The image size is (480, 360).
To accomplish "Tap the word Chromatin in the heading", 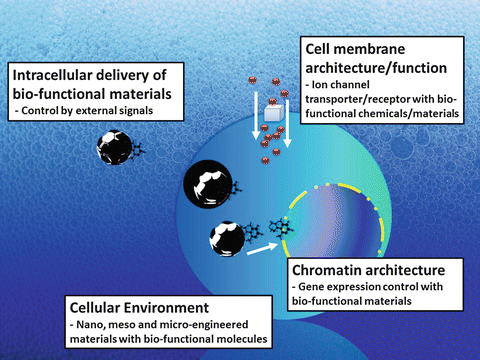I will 328,270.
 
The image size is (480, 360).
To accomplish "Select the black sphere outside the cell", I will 119,147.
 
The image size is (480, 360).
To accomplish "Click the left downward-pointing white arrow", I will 255,110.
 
